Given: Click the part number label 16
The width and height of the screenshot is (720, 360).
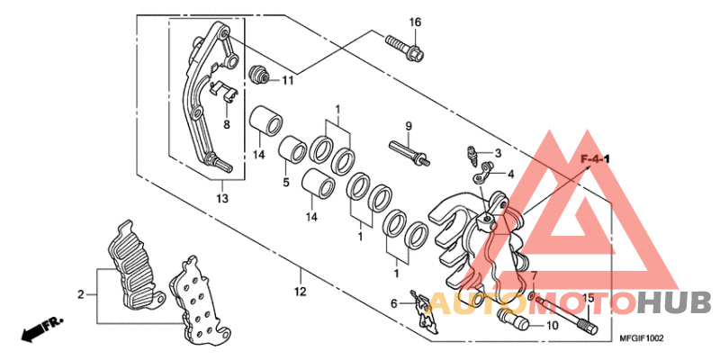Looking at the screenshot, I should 415,22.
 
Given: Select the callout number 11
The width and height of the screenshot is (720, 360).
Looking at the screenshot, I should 287,80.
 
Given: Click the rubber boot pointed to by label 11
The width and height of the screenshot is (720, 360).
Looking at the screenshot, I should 260,73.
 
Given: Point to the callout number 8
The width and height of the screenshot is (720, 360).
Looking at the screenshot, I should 227,124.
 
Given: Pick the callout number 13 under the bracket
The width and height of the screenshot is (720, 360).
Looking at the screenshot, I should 221,198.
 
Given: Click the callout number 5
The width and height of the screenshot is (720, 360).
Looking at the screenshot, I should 285,182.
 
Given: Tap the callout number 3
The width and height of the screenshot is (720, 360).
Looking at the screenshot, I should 498,153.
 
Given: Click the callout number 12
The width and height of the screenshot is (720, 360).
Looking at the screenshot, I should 300,292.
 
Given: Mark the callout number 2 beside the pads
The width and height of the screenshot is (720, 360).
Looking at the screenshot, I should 80,293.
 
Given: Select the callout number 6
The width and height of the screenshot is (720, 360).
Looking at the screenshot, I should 394,303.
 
